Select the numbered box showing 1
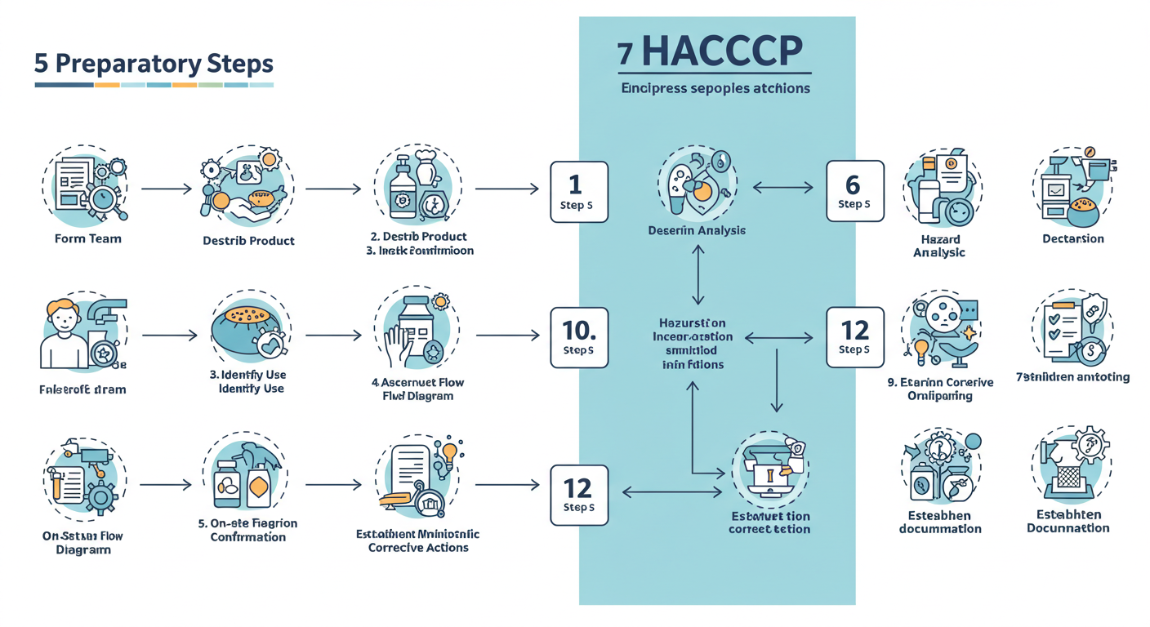click(578, 192)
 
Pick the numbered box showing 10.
click(578, 336)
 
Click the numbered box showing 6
click(854, 190)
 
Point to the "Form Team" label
click(87, 239)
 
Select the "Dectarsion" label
click(1072, 239)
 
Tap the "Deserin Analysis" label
click(697, 231)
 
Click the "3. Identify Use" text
click(252, 375)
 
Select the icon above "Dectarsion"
click(1073, 188)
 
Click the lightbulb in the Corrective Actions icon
click(448, 452)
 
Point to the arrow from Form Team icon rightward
click(167, 189)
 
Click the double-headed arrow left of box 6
click(782, 189)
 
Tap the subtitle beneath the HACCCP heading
click(715, 87)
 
